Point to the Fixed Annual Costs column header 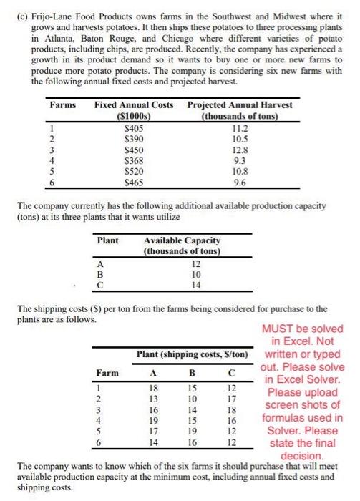[x=134, y=105]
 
